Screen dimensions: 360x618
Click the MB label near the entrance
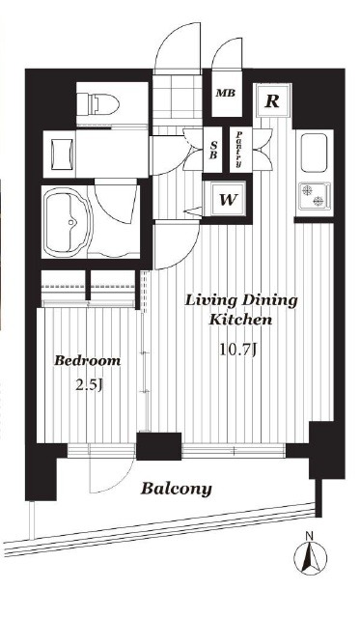[226, 94]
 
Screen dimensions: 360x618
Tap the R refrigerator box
[272, 100]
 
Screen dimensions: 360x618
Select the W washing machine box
[227, 200]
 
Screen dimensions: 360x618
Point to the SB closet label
[212, 150]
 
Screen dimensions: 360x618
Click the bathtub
[68, 222]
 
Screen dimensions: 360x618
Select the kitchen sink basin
[314, 153]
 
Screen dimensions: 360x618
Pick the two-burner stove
[315, 196]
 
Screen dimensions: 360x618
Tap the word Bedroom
[87, 360]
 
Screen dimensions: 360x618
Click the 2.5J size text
[89, 384]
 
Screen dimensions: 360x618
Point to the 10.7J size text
[238, 349]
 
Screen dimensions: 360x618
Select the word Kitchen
[240, 320]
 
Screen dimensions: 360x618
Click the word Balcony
[177, 490]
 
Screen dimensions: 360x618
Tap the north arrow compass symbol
[311, 558]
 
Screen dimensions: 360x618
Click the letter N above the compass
[310, 536]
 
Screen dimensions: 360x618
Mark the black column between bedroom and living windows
[158, 446]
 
